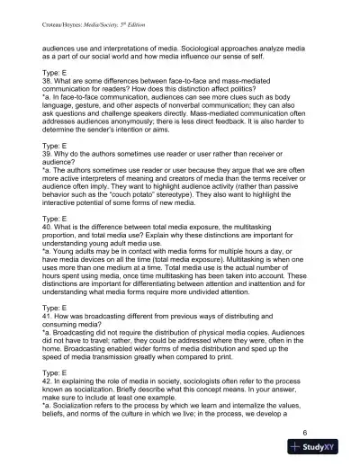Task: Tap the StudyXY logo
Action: click(x=319, y=451)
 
